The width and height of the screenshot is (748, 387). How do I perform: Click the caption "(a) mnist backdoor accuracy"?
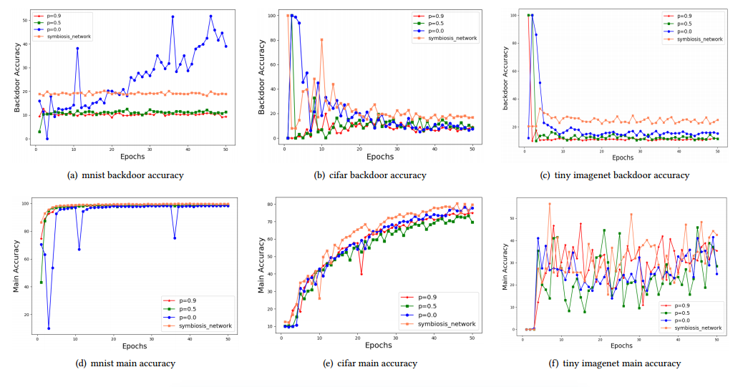point(125,175)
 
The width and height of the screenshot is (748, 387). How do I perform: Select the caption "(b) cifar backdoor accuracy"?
point(371,175)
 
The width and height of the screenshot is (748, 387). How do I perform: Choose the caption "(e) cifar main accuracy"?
point(371,363)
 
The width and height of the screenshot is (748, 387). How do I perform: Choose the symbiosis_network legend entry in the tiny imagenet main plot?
point(692,328)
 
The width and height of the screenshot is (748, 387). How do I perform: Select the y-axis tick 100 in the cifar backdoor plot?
point(273,15)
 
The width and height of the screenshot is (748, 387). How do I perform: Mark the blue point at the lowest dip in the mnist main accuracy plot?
point(49,328)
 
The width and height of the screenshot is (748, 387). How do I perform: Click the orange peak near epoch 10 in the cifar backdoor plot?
point(321,39)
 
